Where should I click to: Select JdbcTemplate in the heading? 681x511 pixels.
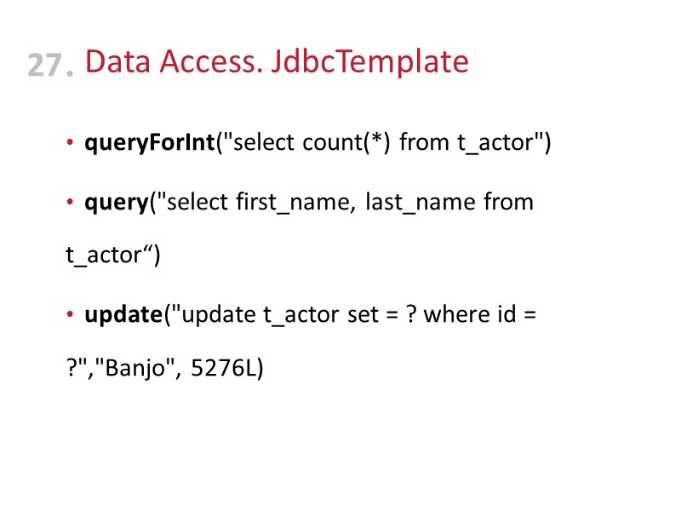point(369,62)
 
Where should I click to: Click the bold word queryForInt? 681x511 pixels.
point(149,143)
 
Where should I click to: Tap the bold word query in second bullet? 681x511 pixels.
point(116,203)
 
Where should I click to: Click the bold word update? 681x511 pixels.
point(123,314)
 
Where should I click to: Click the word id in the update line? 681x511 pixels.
point(504,314)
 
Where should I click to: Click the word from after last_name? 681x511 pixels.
point(508,203)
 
